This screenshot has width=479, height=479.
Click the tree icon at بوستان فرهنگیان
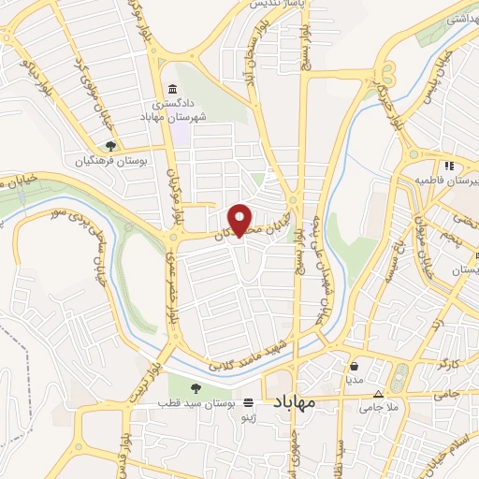[110, 146]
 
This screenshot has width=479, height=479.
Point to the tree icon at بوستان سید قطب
[195, 388]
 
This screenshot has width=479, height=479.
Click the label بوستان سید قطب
[197, 403]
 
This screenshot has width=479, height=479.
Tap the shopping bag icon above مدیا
[354, 367]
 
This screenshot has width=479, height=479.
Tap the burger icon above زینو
[248, 403]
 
